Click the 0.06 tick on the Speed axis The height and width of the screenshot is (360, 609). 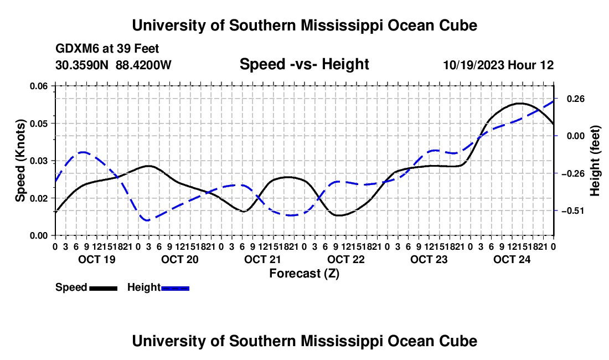[x=38, y=86]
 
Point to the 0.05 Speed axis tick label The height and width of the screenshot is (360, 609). [x=38, y=124]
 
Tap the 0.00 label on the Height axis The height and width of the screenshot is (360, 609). [x=576, y=136]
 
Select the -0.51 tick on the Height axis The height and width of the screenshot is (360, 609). [x=573, y=211]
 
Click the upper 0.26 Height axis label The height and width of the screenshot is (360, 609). [x=576, y=99]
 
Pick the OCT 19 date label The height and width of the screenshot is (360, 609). [x=97, y=259]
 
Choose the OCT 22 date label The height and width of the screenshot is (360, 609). [x=346, y=259]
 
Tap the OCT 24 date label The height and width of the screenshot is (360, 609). [x=512, y=259]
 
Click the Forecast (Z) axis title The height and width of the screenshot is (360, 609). [x=304, y=274]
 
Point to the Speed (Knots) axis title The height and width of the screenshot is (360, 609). [x=20, y=161]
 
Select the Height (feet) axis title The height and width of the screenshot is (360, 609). [x=595, y=161]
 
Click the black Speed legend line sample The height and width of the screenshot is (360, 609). [x=104, y=289]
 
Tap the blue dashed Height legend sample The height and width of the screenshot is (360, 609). [x=175, y=289]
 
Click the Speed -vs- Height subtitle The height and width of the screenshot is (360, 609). [x=304, y=64]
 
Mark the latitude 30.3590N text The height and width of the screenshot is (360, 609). [x=82, y=65]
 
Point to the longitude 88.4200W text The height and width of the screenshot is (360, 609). [x=143, y=65]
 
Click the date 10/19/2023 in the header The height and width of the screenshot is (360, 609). [x=474, y=65]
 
